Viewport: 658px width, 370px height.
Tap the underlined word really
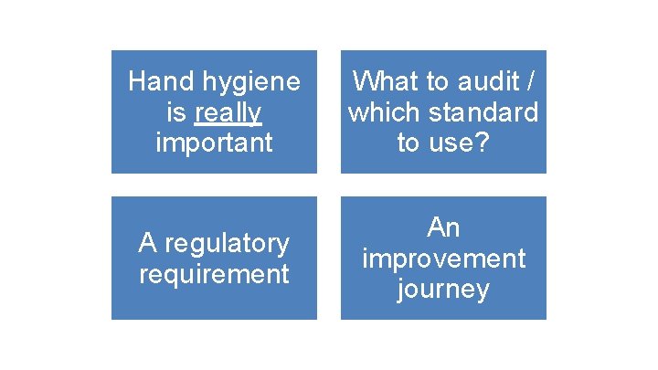[x=228, y=112]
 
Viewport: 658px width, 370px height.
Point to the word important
[x=214, y=143]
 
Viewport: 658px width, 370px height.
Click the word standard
[x=484, y=112]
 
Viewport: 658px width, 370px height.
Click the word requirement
[x=214, y=273]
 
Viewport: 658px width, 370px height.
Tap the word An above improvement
[x=444, y=227]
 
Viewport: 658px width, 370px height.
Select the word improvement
[x=444, y=259]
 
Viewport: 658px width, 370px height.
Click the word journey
[x=444, y=290]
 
